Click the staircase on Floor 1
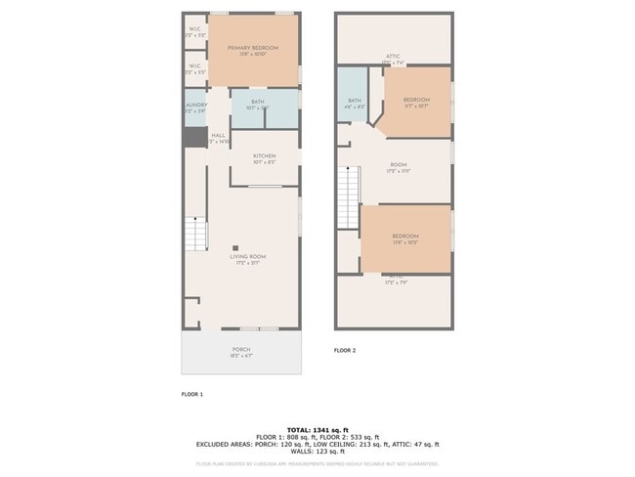coord(198,234)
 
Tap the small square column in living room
coord(235,247)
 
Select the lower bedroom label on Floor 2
coord(405,238)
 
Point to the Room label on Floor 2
coord(398,167)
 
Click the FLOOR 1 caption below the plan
coord(191,394)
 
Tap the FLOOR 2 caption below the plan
coord(345,350)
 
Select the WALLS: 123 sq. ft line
coord(317,451)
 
